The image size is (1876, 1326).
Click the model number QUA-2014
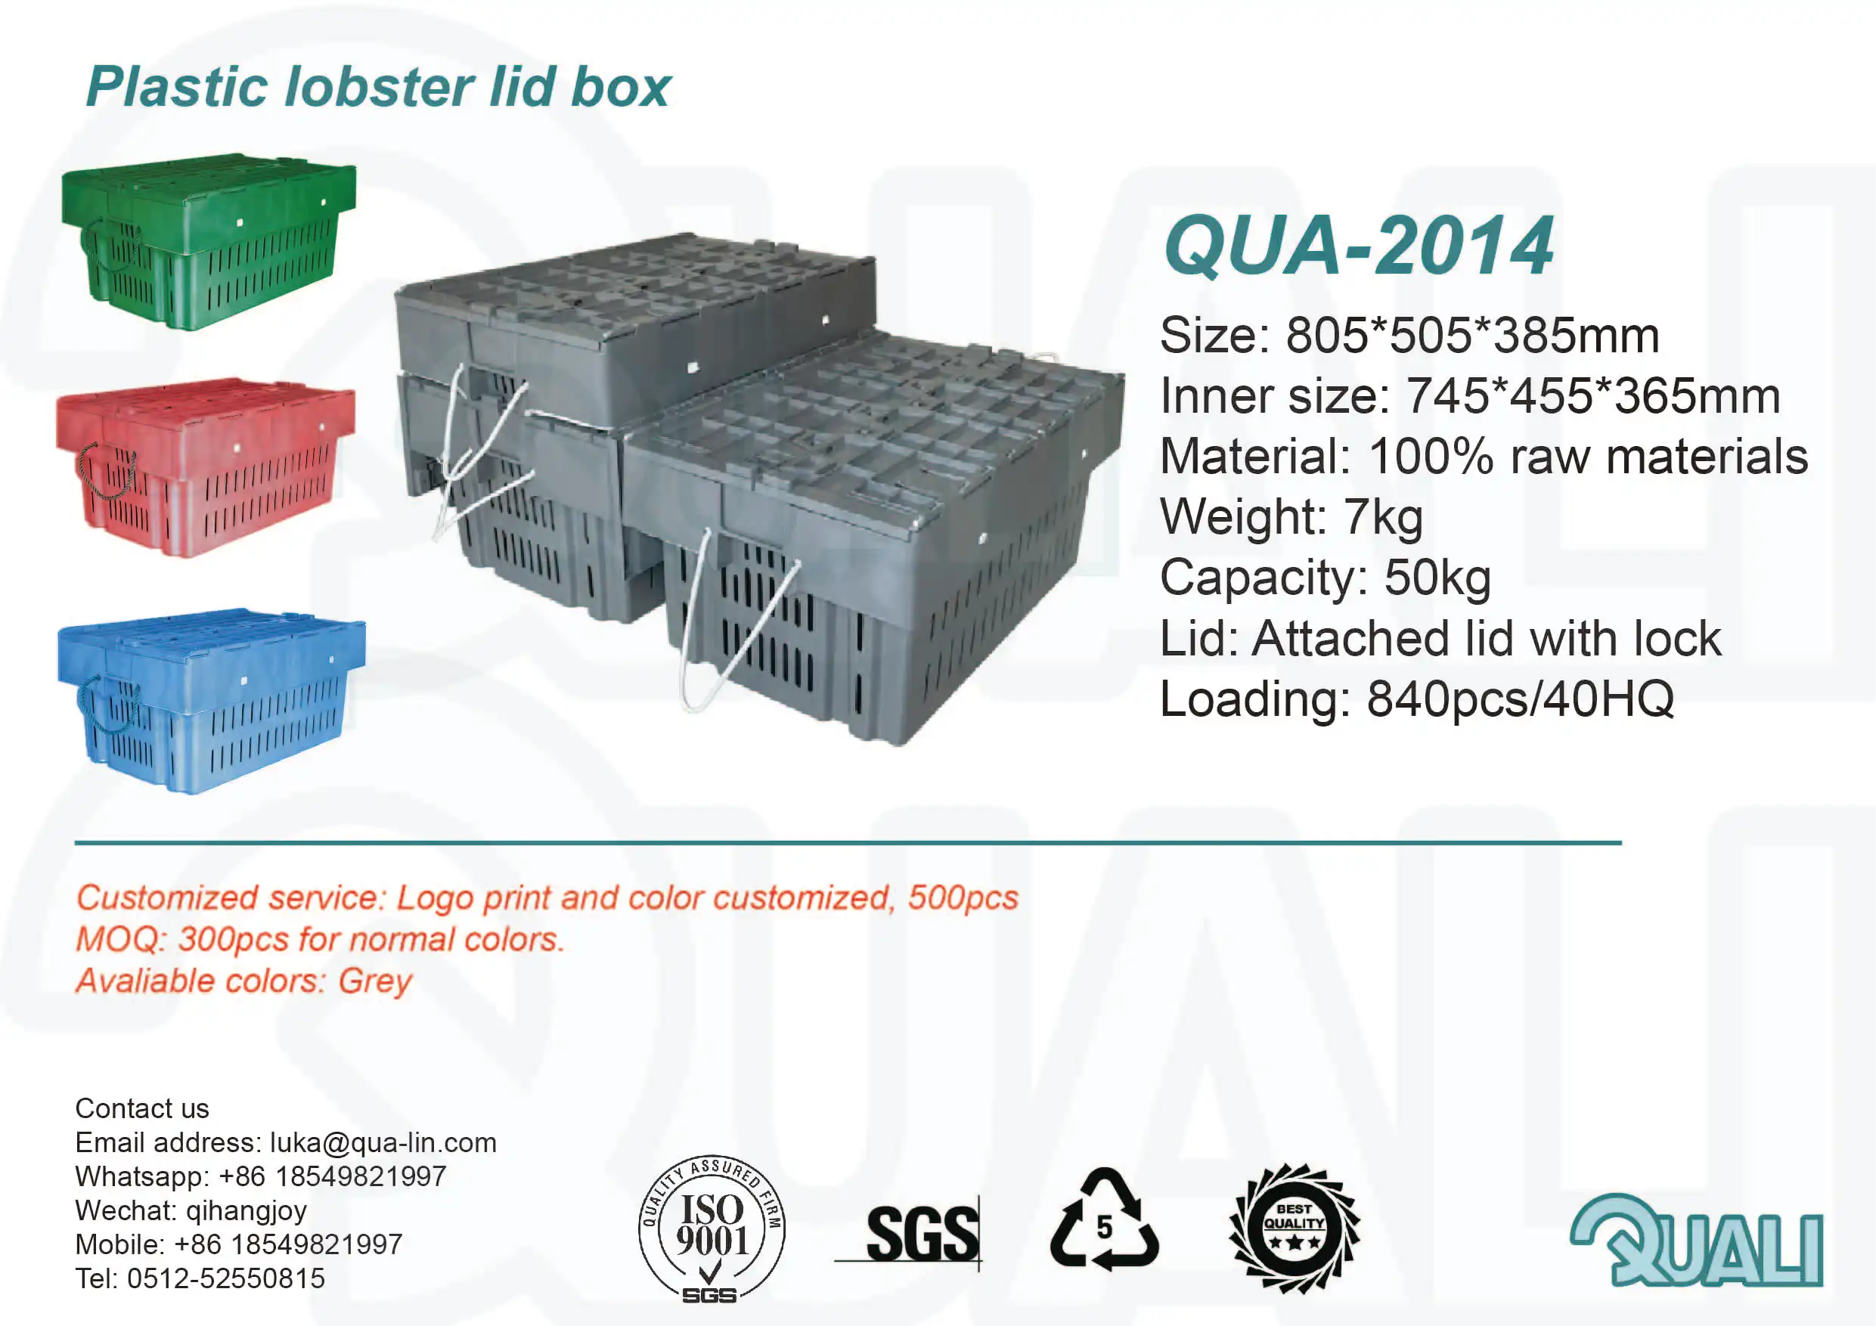(x=1359, y=246)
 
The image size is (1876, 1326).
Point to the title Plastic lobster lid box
(x=378, y=87)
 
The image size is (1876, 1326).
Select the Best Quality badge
(x=1295, y=1228)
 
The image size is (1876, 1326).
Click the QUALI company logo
(x=1697, y=1241)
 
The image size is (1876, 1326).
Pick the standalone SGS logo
(x=922, y=1234)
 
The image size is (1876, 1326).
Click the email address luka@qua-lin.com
(x=383, y=1142)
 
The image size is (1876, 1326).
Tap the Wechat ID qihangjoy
(x=246, y=1210)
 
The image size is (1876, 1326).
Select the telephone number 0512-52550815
(x=225, y=1278)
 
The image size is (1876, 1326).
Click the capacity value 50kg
(x=1437, y=578)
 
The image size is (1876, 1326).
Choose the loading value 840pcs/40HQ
(x=1520, y=699)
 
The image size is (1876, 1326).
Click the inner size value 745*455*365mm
(x=1592, y=396)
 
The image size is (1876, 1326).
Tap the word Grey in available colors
(x=375, y=981)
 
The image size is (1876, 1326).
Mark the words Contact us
(x=142, y=1108)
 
